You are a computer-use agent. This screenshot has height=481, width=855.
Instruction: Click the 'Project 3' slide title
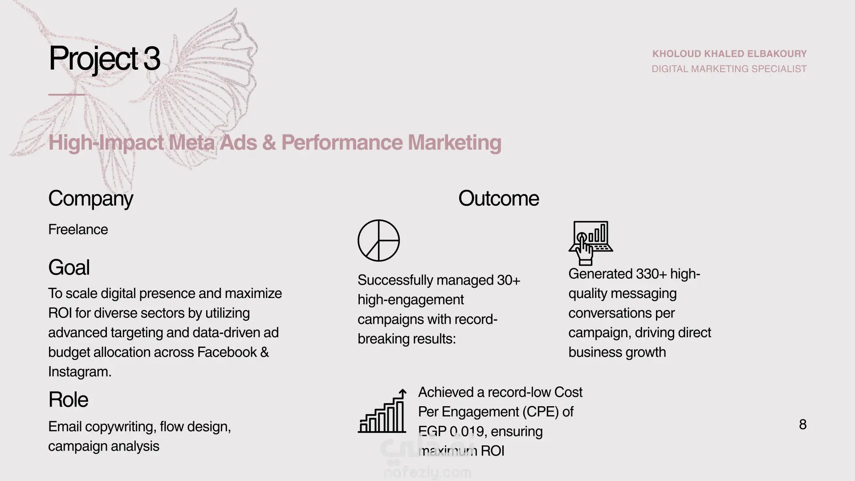[104, 59]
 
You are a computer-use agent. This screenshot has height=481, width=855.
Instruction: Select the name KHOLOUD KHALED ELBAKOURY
[729, 54]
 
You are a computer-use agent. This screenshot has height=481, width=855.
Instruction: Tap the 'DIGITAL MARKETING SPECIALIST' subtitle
[729, 69]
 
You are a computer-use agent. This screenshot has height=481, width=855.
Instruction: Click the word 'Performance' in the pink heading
[342, 143]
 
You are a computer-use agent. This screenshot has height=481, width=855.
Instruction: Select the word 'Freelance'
[78, 229]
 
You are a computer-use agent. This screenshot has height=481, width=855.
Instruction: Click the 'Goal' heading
[69, 268]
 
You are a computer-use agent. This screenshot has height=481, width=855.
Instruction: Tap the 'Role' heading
[68, 399]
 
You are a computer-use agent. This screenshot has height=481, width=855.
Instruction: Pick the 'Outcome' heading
[498, 198]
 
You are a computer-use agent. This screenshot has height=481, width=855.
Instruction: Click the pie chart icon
[379, 240]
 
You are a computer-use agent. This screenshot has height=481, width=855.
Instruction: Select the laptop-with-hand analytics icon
[590, 243]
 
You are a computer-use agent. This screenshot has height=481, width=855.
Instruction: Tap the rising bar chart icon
[382, 411]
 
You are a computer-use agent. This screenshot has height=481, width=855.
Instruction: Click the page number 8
[803, 424]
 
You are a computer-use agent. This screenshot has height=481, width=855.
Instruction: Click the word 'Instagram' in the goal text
[78, 372]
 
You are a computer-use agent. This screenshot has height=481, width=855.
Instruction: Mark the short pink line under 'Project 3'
[67, 94]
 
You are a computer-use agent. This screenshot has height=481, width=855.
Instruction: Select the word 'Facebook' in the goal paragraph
[227, 352]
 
